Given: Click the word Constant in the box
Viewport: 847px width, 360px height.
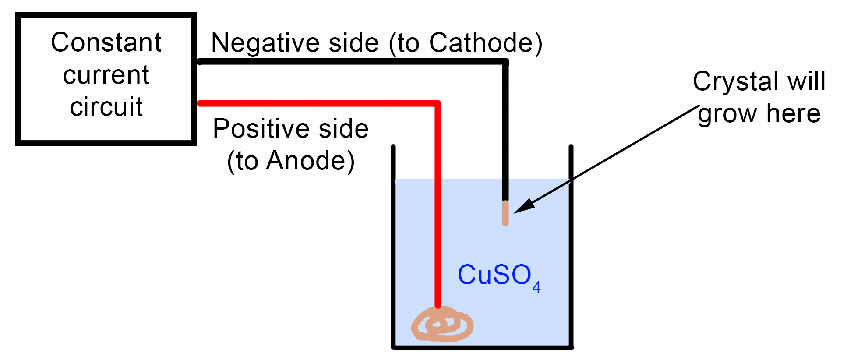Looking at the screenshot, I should tap(106, 43).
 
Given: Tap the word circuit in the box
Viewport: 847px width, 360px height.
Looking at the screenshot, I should tap(106, 107).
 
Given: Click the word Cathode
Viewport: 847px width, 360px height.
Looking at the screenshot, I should tap(480, 43).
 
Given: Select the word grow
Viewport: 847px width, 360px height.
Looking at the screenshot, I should tap(727, 114).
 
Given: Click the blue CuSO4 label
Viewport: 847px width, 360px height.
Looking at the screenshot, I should tap(495, 275).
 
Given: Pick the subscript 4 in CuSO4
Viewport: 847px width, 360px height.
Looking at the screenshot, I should tap(536, 287).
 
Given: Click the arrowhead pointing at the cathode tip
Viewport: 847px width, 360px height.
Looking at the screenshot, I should tap(524, 207).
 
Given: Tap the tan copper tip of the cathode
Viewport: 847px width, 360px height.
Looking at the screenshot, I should tap(505, 213).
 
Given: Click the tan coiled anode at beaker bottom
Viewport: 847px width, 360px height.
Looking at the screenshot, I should tap(442, 325).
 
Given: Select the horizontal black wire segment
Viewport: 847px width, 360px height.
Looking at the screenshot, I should tap(350, 62).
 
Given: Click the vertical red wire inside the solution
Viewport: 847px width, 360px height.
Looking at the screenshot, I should tap(438, 241).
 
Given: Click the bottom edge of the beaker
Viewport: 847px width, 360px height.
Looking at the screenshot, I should tap(482, 347).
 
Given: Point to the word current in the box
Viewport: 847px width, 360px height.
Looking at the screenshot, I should tap(106, 75).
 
